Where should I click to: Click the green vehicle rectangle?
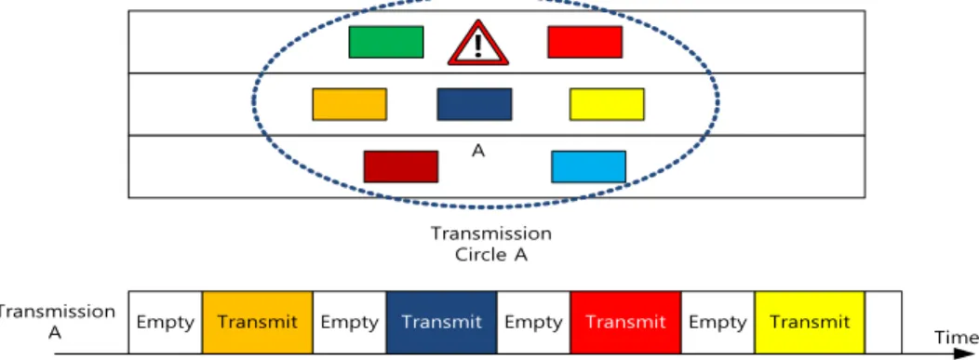(x=386, y=42)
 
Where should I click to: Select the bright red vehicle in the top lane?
(x=584, y=42)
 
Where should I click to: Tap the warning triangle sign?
(x=477, y=44)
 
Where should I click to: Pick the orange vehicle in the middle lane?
(x=350, y=104)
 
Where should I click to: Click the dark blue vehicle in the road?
(x=475, y=104)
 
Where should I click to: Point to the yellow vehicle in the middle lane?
(x=607, y=104)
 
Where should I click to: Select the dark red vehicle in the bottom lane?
(x=401, y=167)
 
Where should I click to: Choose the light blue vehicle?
(x=589, y=167)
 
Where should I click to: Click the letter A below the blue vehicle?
(x=478, y=151)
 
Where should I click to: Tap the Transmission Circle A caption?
(x=491, y=244)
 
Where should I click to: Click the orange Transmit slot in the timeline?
(x=257, y=322)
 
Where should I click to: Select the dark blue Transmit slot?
(x=441, y=322)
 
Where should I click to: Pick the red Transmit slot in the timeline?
(x=625, y=322)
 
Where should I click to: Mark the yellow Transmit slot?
(x=810, y=322)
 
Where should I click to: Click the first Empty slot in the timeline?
(x=166, y=322)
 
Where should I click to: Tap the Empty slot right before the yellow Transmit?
(x=718, y=322)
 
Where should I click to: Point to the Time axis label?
(x=956, y=338)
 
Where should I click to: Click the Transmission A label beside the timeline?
(x=56, y=322)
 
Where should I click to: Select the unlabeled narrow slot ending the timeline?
(x=883, y=322)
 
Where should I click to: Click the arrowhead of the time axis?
(x=967, y=354)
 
